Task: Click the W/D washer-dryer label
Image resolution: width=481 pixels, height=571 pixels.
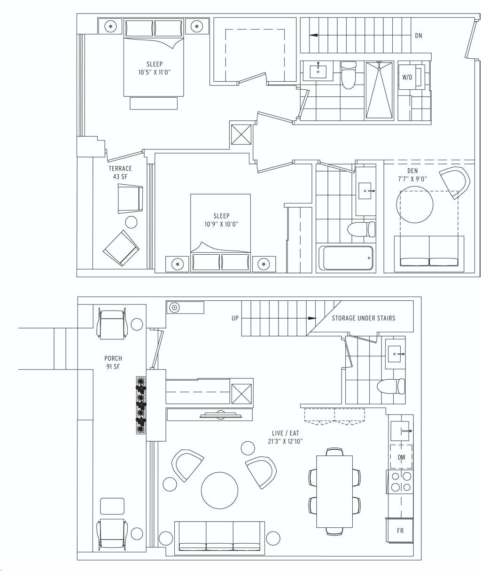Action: (x=407, y=78)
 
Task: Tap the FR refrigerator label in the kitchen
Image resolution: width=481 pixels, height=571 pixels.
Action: (x=400, y=531)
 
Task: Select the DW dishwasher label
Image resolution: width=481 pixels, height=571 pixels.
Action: (x=402, y=457)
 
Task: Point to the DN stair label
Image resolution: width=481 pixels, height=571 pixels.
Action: (x=419, y=36)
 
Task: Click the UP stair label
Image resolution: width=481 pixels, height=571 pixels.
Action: (x=235, y=318)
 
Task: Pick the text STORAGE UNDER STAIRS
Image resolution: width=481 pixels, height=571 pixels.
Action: (x=364, y=318)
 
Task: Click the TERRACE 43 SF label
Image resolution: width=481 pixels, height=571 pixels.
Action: (x=120, y=172)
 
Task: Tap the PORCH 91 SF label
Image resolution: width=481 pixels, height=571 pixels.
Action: (x=113, y=362)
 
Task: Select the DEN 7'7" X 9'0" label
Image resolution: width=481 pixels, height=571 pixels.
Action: (x=412, y=175)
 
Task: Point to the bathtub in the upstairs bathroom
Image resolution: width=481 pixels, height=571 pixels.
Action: (x=346, y=258)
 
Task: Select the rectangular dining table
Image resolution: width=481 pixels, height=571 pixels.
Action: (x=334, y=492)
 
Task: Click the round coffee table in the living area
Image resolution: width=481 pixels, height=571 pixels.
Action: (x=219, y=490)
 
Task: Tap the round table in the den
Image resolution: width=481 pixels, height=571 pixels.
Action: (x=415, y=204)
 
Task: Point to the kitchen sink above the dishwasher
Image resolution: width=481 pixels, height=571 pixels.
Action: (x=400, y=431)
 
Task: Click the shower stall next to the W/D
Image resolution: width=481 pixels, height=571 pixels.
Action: (x=380, y=91)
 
